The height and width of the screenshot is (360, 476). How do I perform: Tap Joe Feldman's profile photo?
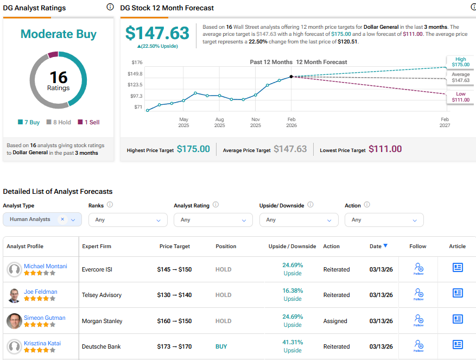click(15, 295)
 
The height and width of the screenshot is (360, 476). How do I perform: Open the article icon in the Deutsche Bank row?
click(458, 345)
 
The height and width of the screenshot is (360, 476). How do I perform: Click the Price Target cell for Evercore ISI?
click(174, 269)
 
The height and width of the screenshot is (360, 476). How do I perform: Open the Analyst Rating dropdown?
click(213, 220)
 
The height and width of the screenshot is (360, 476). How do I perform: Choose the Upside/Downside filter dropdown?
click(299, 220)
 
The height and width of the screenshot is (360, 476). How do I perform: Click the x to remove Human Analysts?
click(62, 219)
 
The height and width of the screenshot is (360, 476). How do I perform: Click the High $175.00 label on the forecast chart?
click(460, 62)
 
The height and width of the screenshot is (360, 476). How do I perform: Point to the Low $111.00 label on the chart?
click(460, 97)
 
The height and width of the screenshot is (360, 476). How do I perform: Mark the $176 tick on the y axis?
click(137, 62)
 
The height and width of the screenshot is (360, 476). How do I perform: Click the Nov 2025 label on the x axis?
click(255, 122)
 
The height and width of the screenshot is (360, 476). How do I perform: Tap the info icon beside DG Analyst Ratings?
click(110, 7)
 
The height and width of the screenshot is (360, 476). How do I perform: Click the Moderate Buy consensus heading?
click(59, 34)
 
